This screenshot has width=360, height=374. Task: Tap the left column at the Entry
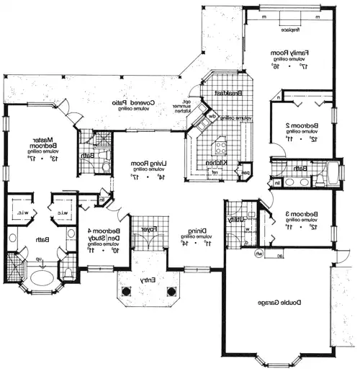(127, 292)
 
